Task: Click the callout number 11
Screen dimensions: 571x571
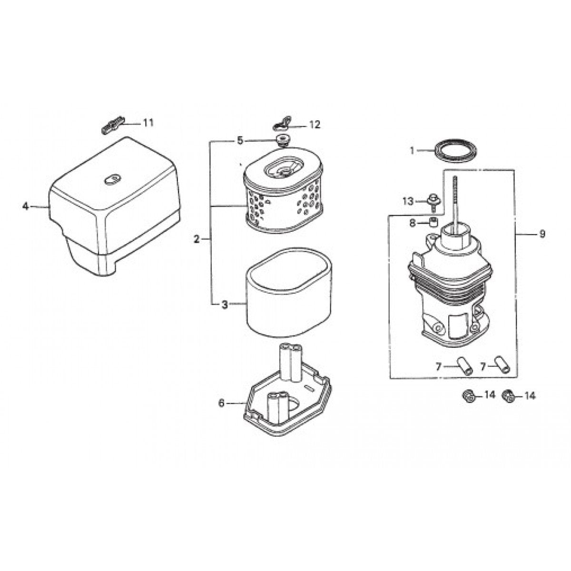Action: click(x=148, y=123)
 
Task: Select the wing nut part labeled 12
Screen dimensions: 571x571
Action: click(x=283, y=125)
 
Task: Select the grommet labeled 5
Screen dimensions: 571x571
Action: click(x=282, y=140)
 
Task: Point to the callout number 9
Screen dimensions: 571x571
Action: click(x=542, y=234)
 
